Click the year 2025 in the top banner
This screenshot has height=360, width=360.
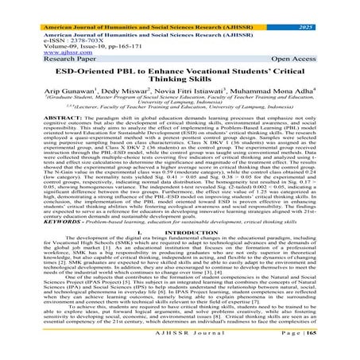pyautogui.click(x=333, y=6)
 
